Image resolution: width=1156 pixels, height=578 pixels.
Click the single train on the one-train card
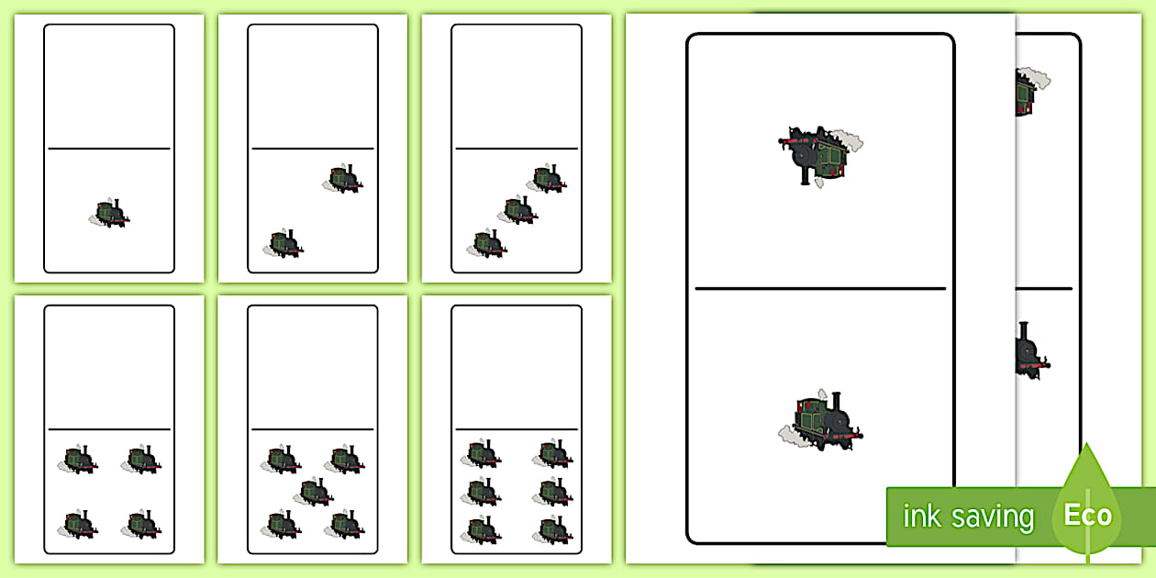click(x=109, y=213)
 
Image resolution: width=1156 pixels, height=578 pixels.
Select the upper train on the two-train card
click(x=343, y=179)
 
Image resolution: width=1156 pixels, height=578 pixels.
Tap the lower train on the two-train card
click(x=283, y=244)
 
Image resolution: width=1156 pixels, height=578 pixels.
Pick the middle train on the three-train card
click(x=517, y=210)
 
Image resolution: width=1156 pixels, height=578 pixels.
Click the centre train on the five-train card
click(x=313, y=492)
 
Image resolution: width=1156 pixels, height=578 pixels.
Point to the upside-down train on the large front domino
click(x=820, y=155)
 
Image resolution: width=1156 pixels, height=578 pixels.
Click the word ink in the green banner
click(x=921, y=516)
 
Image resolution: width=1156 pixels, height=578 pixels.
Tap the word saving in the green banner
click(x=993, y=517)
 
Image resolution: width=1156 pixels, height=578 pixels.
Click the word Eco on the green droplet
click(x=1087, y=515)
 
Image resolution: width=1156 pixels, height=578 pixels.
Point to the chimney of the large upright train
click(x=837, y=402)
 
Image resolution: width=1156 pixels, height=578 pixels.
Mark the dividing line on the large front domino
click(x=820, y=288)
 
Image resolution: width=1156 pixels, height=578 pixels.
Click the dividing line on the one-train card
click(x=109, y=149)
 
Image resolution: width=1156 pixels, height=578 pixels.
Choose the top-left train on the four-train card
click(x=77, y=459)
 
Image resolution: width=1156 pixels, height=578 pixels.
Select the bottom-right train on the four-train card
click(x=141, y=525)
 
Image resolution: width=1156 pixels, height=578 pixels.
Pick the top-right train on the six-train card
click(x=552, y=453)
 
